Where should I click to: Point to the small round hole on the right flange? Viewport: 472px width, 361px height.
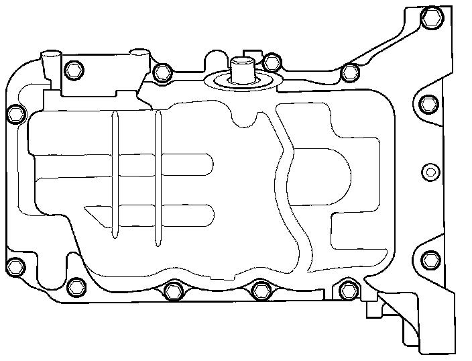[x=430, y=170]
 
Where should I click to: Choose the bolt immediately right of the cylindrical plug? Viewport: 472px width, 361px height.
[x=271, y=62]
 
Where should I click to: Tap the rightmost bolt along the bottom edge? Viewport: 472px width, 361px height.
[x=347, y=290]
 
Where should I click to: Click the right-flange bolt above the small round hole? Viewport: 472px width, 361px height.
[x=430, y=104]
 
